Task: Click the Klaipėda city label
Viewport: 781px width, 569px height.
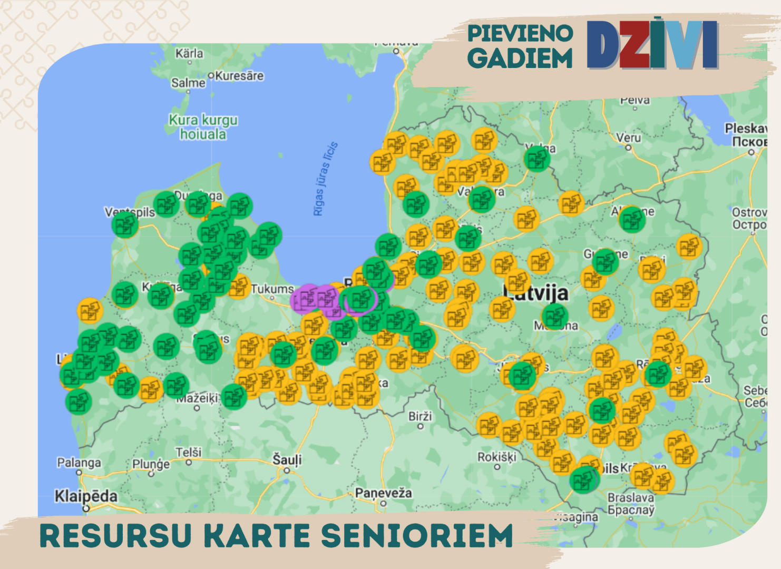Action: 86,496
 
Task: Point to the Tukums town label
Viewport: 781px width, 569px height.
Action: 272,289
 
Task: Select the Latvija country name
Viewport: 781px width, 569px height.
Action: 536,293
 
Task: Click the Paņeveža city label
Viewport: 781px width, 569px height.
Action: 383,493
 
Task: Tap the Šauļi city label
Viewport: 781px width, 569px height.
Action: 287,460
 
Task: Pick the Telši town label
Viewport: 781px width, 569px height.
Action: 189,452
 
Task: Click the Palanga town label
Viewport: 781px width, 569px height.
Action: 79,463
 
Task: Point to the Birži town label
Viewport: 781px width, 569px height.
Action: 420,416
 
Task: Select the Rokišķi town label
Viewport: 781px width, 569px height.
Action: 496,457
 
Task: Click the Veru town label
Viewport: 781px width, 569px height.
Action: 628,138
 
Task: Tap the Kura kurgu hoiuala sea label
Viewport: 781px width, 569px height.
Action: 203,127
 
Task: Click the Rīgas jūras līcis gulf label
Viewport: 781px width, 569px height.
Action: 325,179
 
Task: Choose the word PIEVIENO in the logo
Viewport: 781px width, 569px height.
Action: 520,33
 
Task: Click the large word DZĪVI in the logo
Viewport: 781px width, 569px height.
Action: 652,45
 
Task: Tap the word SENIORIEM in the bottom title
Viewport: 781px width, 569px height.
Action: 417,536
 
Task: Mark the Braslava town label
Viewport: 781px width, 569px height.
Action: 631,498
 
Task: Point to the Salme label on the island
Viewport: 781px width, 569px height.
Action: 188,83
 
